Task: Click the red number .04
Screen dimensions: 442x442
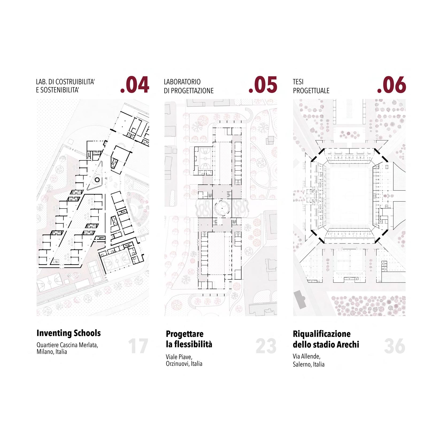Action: coord(135,85)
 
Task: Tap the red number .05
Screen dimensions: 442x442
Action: coord(263,85)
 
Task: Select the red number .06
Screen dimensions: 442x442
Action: coord(391,85)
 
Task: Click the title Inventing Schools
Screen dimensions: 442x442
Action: coord(68,333)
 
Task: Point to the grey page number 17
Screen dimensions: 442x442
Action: coord(138,346)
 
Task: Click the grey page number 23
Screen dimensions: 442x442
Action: coord(266,346)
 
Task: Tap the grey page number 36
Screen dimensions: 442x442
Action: coord(395,346)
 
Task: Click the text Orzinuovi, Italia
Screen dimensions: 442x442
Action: coord(184,364)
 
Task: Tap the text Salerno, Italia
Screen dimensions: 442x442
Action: coord(309,364)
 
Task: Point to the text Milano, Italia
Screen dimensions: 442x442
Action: coord(52,352)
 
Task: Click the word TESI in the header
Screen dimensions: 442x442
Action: coord(298,82)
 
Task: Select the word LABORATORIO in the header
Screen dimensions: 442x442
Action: coord(182,82)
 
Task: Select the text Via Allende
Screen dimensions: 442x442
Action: coord(306,357)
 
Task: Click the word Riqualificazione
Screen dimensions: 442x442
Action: coord(321,334)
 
